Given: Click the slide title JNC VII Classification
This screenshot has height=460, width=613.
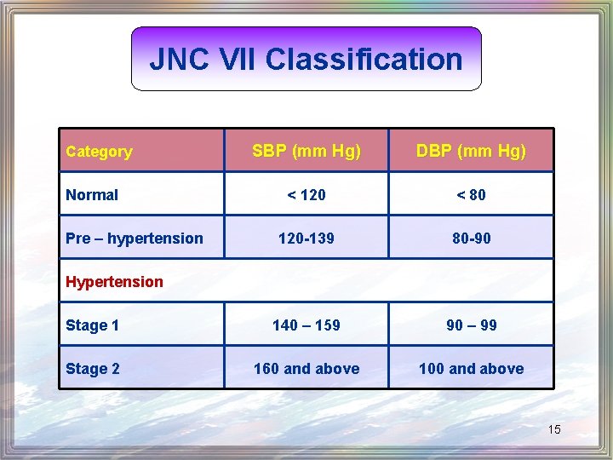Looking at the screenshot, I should tap(306, 60).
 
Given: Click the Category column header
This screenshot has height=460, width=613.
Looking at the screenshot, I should tap(99, 152).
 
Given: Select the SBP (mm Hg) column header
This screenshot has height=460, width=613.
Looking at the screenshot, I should tap(306, 152).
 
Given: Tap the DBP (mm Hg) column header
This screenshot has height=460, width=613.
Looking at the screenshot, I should tap(471, 152).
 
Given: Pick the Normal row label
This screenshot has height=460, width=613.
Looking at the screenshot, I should tap(92, 195).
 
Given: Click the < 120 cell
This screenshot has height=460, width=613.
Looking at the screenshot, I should tap(306, 195).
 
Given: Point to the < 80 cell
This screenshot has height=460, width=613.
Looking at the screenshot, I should tap(471, 195).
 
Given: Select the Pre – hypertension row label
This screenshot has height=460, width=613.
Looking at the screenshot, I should tap(135, 239).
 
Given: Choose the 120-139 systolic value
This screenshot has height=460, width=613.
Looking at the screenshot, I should tap(306, 239).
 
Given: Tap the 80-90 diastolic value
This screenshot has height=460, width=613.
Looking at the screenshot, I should tap(471, 239).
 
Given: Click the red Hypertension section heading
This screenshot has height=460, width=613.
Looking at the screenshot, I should tap(114, 282).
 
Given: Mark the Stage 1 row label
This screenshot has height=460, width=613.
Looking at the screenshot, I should tap(92, 325).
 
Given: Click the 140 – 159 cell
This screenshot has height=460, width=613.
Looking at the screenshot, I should tap(306, 325).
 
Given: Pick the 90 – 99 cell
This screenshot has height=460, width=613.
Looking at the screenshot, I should tap(471, 325).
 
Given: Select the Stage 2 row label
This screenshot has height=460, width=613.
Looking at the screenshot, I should tap(92, 369).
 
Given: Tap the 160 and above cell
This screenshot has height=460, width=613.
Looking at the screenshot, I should tap(306, 369).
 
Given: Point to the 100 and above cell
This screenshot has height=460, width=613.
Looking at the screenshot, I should tap(471, 369).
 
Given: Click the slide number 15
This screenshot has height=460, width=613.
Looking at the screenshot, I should tap(554, 429).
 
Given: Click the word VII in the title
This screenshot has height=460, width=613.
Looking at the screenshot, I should tap(232, 60).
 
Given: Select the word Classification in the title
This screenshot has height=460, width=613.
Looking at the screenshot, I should tap(364, 60).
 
